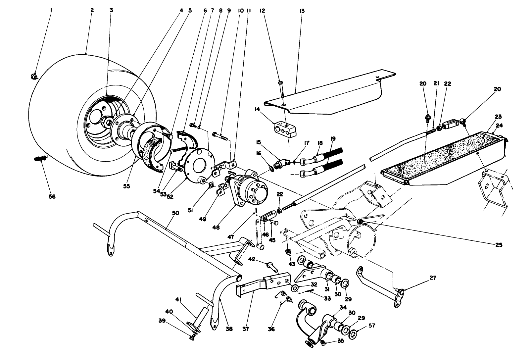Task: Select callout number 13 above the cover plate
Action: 302,11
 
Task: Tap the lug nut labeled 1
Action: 33,77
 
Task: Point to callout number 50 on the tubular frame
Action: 175,213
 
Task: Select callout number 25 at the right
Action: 499,245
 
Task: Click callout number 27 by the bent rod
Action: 433,278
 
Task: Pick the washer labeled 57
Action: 354,333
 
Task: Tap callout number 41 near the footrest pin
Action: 179,300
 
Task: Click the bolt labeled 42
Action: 271,265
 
